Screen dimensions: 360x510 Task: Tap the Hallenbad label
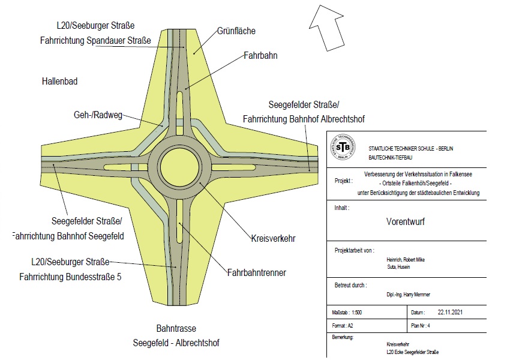[x=59, y=80]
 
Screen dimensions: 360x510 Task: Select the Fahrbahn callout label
[x=260, y=55]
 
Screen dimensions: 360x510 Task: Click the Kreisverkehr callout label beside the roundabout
[x=273, y=238]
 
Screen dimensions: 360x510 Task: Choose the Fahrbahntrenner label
[x=256, y=272]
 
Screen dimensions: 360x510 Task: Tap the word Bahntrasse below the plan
[x=176, y=329]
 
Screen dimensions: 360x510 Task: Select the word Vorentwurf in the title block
[x=406, y=220]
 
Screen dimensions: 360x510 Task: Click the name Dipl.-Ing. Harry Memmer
[x=409, y=295]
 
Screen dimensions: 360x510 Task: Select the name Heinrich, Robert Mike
[x=410, y=260]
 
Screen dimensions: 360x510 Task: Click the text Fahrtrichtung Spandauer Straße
[x=95, y=41]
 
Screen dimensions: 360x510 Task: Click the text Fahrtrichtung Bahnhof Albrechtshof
[x=304, y=119]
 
